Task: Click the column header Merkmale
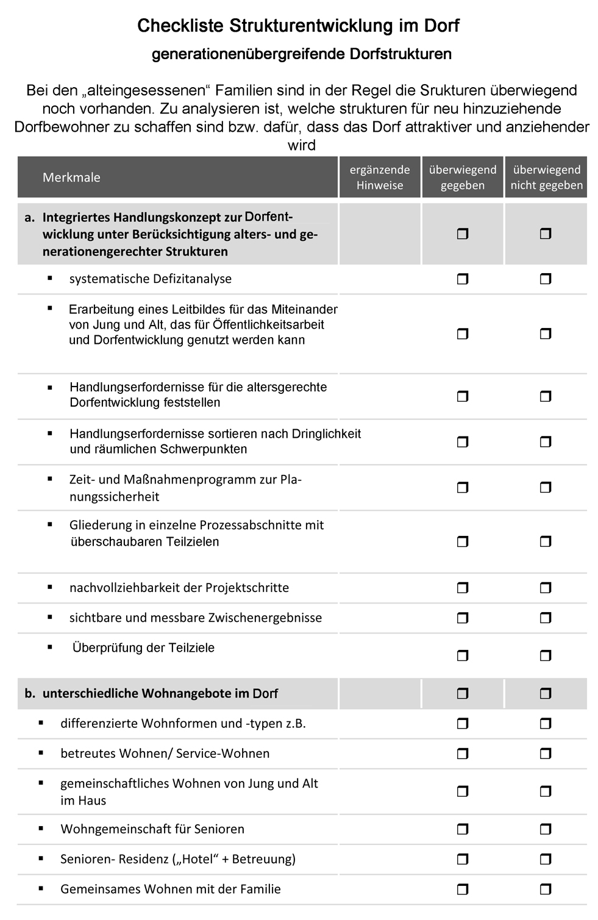click(x=71, y=177)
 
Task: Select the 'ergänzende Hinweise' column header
click(x=380, y=177)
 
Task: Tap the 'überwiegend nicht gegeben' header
click(x=546, y=177)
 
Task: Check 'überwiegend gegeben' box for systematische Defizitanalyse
click(x=463, y=279)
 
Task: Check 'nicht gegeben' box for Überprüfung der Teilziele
click(x=546, y=656)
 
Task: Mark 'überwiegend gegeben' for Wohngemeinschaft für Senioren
click(x=463, y=829)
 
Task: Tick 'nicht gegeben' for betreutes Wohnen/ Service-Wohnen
click(x=546, y=754)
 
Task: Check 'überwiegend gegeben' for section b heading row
click(x=463, y=693)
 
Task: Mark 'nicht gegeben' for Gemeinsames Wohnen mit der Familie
click(x=546, y=889)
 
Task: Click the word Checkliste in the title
click(x=181, y=26)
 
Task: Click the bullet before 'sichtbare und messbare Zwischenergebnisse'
click(x=50, y=617)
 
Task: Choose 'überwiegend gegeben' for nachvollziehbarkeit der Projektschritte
click(x=463, y=588)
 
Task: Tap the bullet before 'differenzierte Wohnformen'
click(x=41, y=723)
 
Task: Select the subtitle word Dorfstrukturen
click(x=400, y=54)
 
